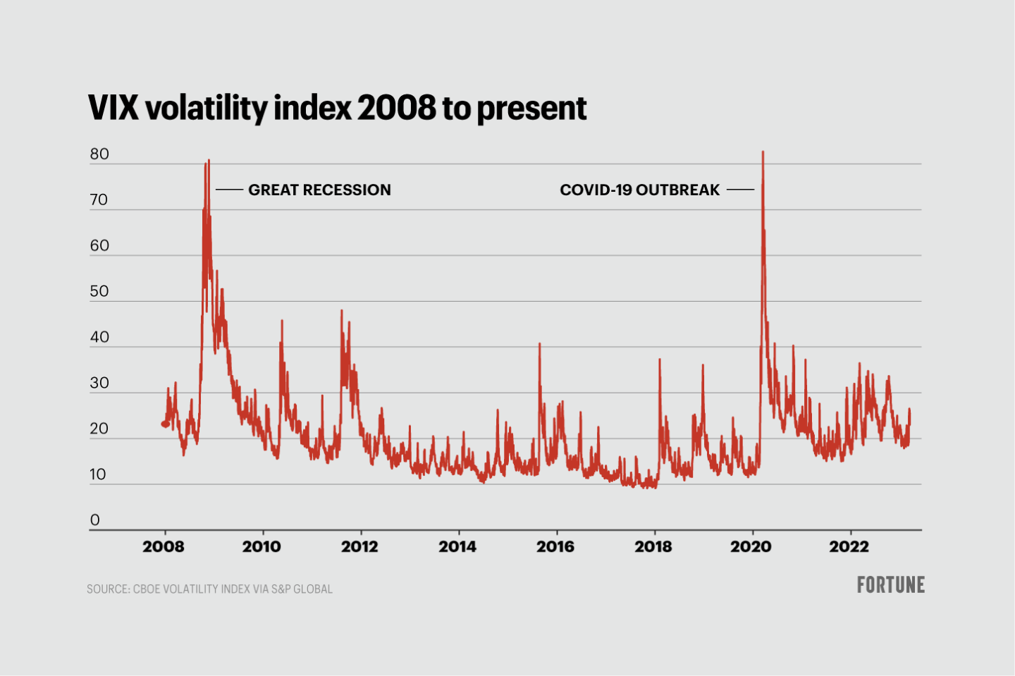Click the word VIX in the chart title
114,108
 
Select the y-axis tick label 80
99,154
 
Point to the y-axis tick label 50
99,291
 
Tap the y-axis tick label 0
95,520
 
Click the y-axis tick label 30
99,383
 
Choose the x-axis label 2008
163,546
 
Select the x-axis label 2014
457,546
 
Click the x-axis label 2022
849,546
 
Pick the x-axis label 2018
653,546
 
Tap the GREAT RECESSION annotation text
319,190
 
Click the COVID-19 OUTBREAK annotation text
639,190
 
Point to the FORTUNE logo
890,584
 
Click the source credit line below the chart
209,589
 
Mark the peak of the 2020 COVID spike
763,152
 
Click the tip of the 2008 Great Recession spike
209,160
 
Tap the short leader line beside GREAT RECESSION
229,190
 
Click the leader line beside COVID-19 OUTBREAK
740,190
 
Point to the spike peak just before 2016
540,343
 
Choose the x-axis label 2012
359,546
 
